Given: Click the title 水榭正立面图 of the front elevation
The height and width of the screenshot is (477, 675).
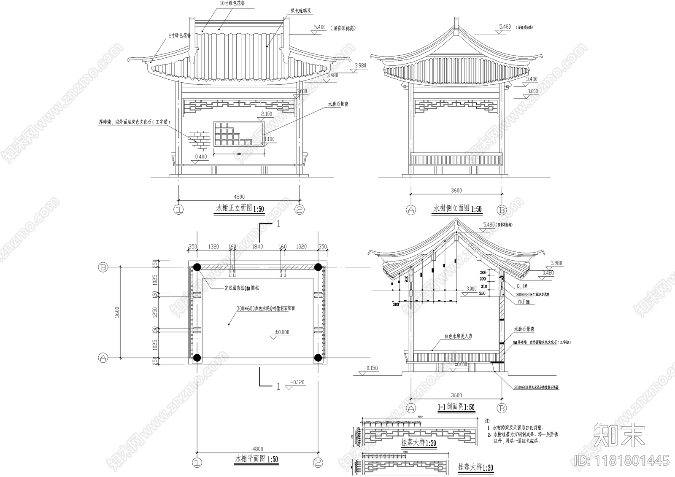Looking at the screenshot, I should [x=240, y=208].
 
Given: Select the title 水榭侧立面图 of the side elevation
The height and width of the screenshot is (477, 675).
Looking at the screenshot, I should [x=457, y=208].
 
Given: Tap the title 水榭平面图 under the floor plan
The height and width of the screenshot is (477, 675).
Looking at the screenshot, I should [x=256, y=459].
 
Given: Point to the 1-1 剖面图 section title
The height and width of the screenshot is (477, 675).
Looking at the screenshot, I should [x=456, y=407].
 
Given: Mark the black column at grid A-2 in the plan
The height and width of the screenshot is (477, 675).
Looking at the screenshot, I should [x=318, y=358].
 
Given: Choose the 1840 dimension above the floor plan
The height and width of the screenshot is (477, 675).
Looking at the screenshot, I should [x=257, y=247].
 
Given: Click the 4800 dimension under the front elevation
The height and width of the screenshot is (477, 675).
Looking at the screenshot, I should [x=239, y=197].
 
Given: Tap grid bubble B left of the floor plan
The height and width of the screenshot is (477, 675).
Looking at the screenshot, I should [x=103, y=267].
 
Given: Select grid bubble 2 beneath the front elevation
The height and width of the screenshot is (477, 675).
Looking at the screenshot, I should [x=300, y=210].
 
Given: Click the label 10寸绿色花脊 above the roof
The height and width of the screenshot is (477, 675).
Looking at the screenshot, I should [x=232, y=3].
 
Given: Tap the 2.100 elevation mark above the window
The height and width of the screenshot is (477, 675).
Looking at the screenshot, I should [x=267, y=114].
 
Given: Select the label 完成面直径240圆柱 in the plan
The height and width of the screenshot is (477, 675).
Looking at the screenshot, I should [x=241, y=288].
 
